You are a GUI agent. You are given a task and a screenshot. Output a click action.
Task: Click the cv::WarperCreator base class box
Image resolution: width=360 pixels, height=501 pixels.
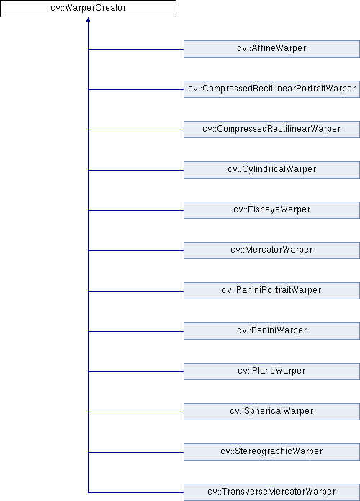(x=88, y=9)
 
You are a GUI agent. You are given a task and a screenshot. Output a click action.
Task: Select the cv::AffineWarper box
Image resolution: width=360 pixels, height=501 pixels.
(x=271, y=49)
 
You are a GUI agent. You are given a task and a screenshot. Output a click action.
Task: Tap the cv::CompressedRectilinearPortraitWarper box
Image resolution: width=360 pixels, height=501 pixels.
(x=271, y=89)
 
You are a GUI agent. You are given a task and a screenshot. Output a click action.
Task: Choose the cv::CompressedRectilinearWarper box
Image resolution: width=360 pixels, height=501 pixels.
(x=271, y=130)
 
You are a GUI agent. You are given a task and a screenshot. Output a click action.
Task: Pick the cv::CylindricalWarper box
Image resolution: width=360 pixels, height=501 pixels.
(x=271, y=170)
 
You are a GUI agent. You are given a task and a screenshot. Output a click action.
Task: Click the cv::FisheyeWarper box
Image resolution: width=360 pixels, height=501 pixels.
(x=271, y=210)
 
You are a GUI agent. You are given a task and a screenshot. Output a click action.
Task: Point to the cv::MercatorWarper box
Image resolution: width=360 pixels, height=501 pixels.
(x=271, y=250)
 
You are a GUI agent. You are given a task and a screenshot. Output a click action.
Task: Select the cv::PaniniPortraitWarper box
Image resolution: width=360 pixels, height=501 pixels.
(x=271, y=291)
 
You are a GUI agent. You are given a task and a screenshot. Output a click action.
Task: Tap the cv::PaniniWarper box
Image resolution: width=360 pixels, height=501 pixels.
(x=271, y=331)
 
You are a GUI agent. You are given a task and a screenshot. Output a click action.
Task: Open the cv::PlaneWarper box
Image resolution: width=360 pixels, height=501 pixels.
(x=271, y=371)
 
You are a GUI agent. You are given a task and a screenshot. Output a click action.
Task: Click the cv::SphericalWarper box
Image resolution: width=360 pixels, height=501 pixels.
(x=271, y=412)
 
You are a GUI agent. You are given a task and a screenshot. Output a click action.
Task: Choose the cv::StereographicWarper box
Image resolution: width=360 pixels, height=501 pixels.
(x=271, y=452)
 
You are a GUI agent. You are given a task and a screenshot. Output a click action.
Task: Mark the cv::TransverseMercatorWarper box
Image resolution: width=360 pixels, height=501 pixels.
(x=271, y=492)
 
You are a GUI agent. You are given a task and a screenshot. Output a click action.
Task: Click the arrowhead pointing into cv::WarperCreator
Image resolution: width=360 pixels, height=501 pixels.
(x=88, y=19)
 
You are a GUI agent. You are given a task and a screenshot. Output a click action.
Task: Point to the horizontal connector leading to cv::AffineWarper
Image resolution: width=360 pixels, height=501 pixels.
(x=136, y=49)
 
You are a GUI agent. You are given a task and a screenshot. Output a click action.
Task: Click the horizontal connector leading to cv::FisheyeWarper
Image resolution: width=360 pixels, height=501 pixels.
(x=136, y=210)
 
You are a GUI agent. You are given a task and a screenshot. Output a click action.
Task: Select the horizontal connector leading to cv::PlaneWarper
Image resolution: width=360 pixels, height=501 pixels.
(x=136, y=371)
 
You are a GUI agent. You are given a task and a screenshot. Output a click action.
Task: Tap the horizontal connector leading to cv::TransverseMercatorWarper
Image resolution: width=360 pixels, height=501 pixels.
(x=136, y=492)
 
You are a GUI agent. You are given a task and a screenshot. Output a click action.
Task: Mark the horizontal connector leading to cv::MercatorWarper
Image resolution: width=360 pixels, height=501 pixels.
(x=136, y=250)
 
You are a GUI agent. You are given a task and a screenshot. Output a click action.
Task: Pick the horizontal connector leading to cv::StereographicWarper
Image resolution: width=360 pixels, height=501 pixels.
(x=136, y=452)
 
